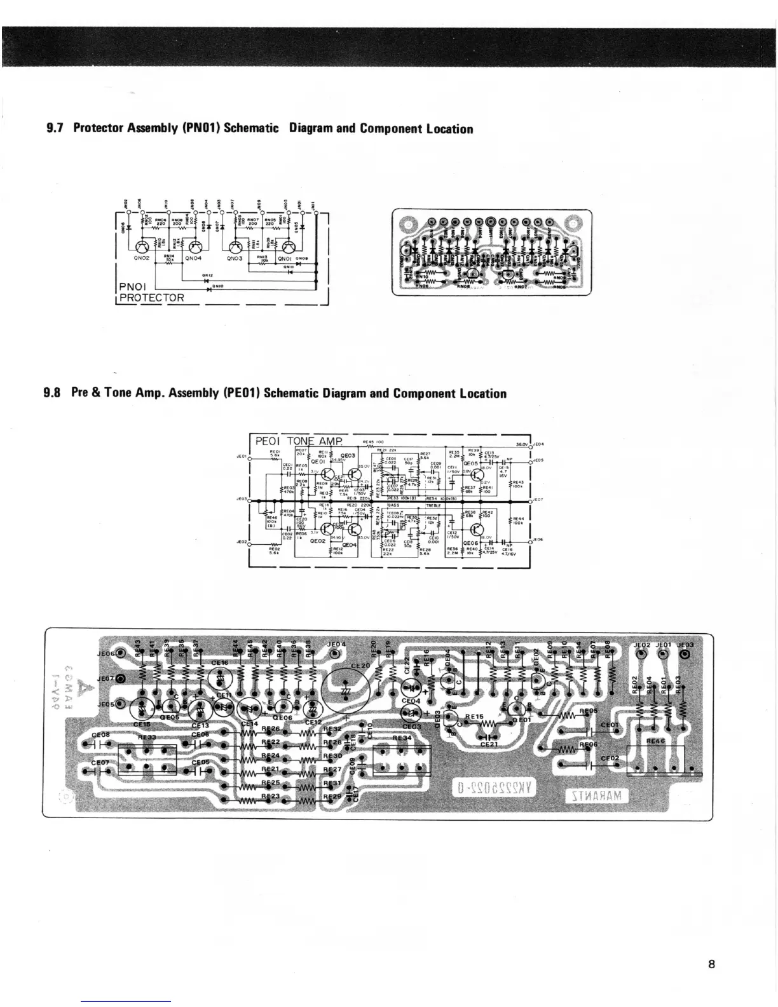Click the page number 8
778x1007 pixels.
point(711,964)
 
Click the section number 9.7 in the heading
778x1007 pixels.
point(56,129)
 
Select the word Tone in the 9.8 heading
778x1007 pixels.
point(117,393)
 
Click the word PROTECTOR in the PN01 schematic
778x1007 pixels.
point(152,298)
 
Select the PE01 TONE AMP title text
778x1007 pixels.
point(298,441)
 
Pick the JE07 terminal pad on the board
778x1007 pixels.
point(121,679)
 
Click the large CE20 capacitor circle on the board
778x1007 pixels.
point(347,690)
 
